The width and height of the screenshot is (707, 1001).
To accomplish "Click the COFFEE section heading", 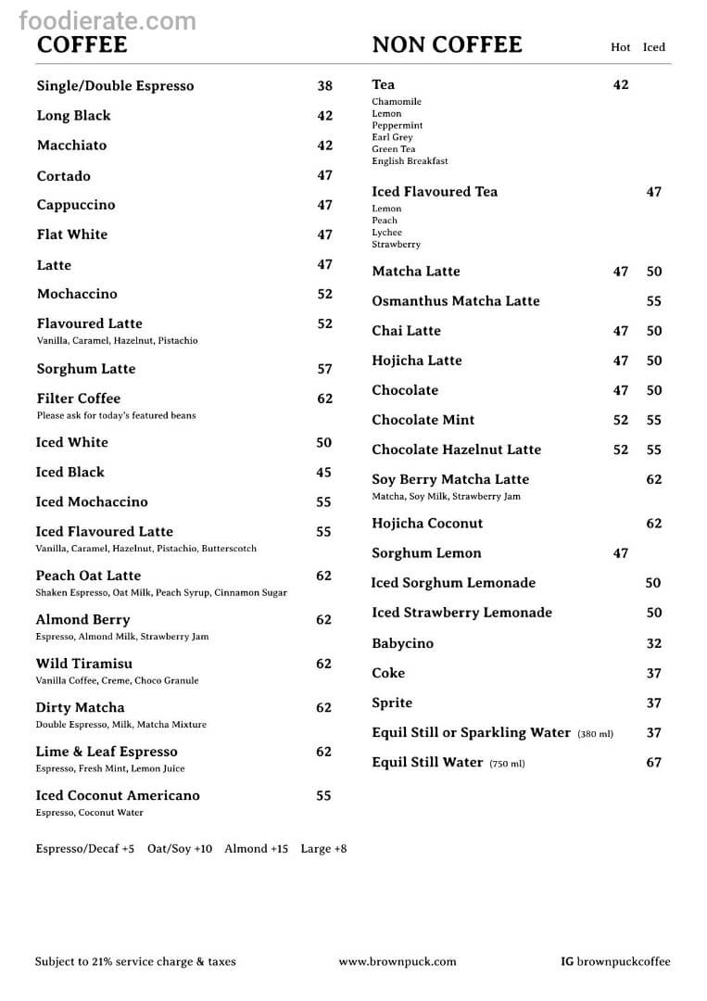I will point(82,44).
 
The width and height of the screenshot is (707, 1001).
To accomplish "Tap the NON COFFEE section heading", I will point(447,44).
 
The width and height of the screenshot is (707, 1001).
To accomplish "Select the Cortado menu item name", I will point(64,176).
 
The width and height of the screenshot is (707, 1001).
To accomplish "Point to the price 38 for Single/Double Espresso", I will point(324,86).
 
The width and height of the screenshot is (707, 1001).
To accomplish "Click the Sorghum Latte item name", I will point(86,369).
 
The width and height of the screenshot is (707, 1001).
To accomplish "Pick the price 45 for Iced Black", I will point(323,473).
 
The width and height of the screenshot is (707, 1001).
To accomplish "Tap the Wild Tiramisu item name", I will point(84,664).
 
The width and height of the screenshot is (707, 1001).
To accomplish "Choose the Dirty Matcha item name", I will point(80,708).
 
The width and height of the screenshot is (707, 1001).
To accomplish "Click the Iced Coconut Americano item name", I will point(118,795).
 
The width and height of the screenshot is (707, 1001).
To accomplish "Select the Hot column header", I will point(620,47).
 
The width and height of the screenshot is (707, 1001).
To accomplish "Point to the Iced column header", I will point(654,47).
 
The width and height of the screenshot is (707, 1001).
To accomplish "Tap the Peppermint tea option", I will point(398,125).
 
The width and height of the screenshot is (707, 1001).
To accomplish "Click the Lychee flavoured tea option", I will point(387,233).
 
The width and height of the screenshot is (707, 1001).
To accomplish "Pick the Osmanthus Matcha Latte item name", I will point(456,301).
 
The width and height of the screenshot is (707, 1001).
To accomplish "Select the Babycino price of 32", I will point(654,643).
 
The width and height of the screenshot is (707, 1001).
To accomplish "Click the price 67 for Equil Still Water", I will point(654,763).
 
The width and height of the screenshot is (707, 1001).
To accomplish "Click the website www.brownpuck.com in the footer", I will point(398,962).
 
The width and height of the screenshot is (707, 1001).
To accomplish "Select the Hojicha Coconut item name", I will point(427,524).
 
